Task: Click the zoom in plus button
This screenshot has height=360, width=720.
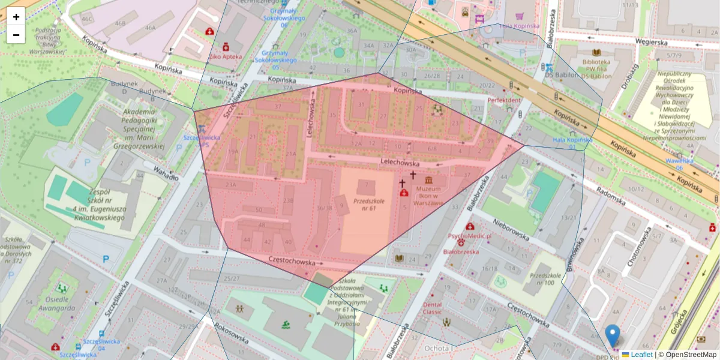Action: [16, 17]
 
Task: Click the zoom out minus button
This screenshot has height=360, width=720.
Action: [16, 35]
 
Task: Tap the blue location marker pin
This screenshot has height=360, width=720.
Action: [612, 335]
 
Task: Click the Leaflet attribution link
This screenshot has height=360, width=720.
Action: [641, 355]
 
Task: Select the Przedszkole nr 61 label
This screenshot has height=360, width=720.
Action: [368, 205]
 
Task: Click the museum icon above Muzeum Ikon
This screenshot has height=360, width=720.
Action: [429, 181]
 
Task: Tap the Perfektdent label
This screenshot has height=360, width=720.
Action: [504, 100]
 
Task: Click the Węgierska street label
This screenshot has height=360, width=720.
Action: [652, 43]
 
